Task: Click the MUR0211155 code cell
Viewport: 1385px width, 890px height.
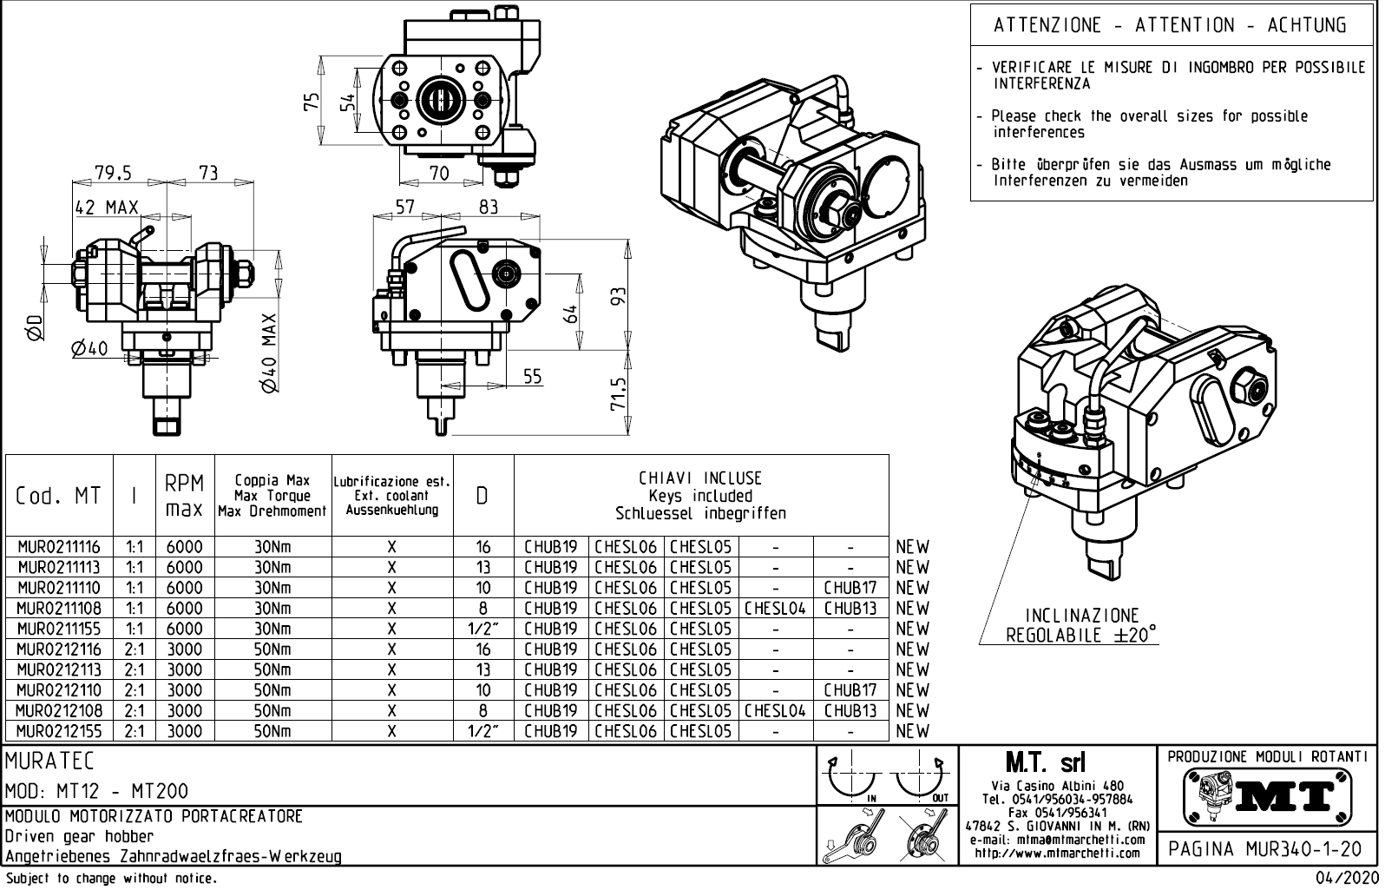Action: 58,629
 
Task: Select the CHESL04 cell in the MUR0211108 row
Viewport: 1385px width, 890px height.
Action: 775,609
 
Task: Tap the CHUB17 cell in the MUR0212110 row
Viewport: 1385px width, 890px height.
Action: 850,690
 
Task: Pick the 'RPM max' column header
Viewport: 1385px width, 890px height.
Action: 185,495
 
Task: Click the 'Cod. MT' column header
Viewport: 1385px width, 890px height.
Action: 58,496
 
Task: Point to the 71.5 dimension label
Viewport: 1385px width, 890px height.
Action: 618,393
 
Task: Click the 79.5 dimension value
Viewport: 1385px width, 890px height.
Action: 113,173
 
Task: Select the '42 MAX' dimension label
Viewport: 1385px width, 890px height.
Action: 107,208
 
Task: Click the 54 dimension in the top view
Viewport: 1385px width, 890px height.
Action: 346,102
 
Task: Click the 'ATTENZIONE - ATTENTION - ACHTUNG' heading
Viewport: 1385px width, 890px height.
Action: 1170,25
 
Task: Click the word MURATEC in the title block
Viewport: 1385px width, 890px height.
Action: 49,761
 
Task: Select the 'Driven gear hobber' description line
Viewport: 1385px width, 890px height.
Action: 79,837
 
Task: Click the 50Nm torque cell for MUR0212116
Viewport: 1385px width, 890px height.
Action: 272,649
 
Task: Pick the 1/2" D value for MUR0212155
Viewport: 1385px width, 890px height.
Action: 482,731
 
